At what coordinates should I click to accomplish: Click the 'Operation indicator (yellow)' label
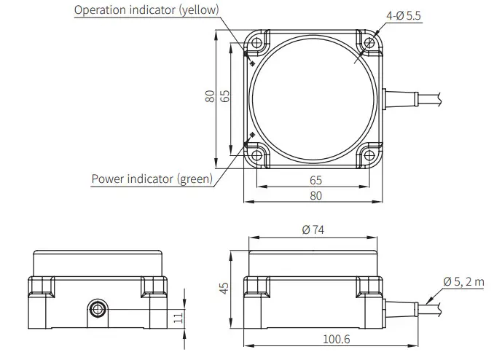click(x=146, y=10)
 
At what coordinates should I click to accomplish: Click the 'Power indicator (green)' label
click(x=152, y=179)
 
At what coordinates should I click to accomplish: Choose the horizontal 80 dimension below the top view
click(x=316, y=195)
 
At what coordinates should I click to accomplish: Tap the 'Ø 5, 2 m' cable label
click(x=463, y=282)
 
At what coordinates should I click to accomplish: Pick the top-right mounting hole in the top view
click(x=369, y=43)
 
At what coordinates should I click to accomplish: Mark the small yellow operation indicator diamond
click(x=251, y=63)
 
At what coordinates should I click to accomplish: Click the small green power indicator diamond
click(x=251, y=135)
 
